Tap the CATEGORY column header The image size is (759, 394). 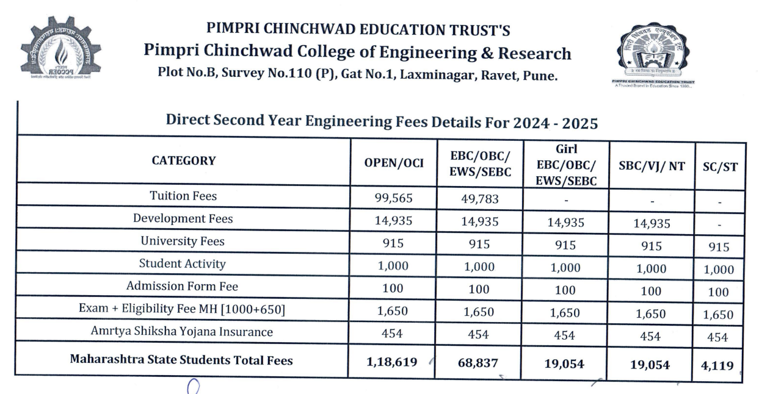(x=183, y=161)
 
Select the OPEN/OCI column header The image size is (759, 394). (x=394, y=162)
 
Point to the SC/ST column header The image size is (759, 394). (x=720, y=167)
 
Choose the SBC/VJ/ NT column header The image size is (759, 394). (x=652, y=165)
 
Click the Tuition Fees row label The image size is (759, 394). (x=183, y=196)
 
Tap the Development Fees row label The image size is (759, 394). (x=183, y=218)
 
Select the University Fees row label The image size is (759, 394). (x=183, y=241)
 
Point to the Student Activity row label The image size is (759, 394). (x=183, y=263)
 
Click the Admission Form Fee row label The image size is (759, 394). (x=183, y=285)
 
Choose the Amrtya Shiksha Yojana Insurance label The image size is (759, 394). (x=182, y=332)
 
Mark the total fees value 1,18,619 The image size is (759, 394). (x=392, y=362)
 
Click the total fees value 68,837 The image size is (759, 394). (x=479, y=363)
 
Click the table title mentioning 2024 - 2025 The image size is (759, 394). (x=382, y=121)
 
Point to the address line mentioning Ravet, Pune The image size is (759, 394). (x=357, y=77)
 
